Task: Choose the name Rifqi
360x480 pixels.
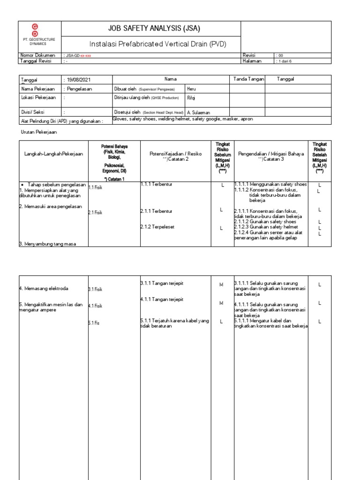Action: [191, 98]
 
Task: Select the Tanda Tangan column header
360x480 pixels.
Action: [247, 79]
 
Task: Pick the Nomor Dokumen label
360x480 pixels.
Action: [38, 55]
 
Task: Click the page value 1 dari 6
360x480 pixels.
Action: [285, 61]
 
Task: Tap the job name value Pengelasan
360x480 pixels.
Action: [79, 89]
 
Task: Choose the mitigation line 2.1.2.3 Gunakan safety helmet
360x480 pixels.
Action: [266, 227]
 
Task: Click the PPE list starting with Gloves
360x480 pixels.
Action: [183, 120]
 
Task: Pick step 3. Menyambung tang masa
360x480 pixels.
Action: [47, 243]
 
